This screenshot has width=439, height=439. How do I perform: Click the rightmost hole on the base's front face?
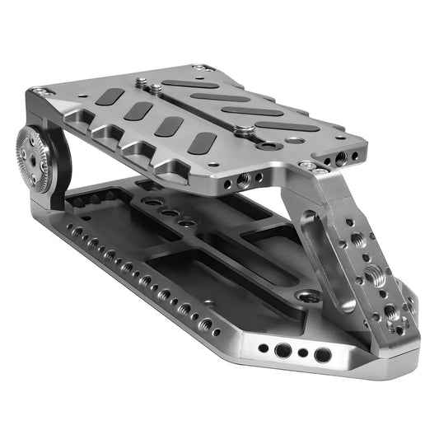point(323,355)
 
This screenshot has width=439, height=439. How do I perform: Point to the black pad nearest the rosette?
point(110,96)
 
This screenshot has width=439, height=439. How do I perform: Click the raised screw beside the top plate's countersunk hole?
point(243,129)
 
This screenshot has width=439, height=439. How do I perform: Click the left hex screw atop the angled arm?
point(307,165)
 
